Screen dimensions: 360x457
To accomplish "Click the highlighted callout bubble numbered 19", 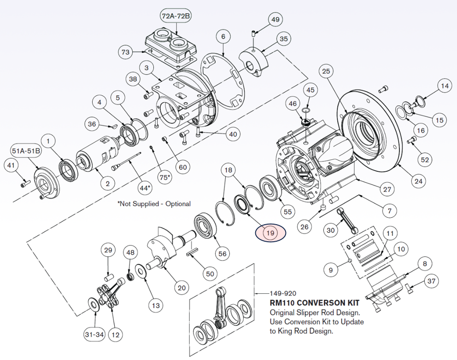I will pos(270,233).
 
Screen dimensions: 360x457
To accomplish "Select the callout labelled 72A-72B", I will pos(176,16).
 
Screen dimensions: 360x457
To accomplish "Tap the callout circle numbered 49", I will pos(275,20).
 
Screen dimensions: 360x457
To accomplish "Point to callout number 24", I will pos(417,181).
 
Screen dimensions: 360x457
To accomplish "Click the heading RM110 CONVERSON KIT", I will pos(314,303).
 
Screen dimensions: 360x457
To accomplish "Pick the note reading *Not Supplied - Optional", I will pos(154,203).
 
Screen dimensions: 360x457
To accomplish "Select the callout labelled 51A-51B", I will pos(25,151).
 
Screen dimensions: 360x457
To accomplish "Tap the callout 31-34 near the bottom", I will pos(94,335).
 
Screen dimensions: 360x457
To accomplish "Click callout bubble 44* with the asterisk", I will pos(145,188).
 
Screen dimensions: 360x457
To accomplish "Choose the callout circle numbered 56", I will pos(223,254).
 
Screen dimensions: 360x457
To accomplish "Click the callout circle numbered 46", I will pos(292,105).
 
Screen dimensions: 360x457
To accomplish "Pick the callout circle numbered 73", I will pos(126,52).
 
